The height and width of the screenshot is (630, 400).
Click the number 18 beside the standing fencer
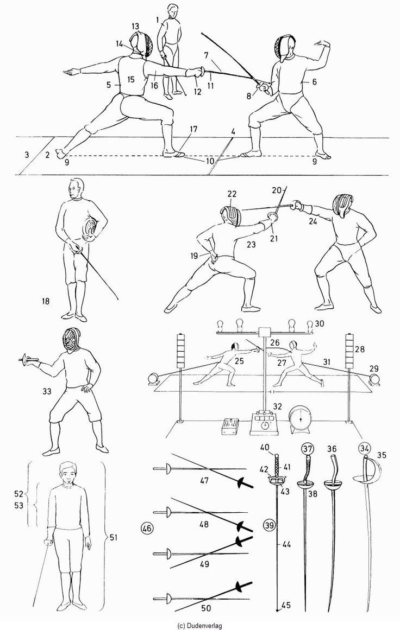46,300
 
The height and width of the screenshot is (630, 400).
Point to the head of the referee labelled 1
173,11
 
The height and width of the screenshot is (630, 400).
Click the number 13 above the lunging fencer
135,26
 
